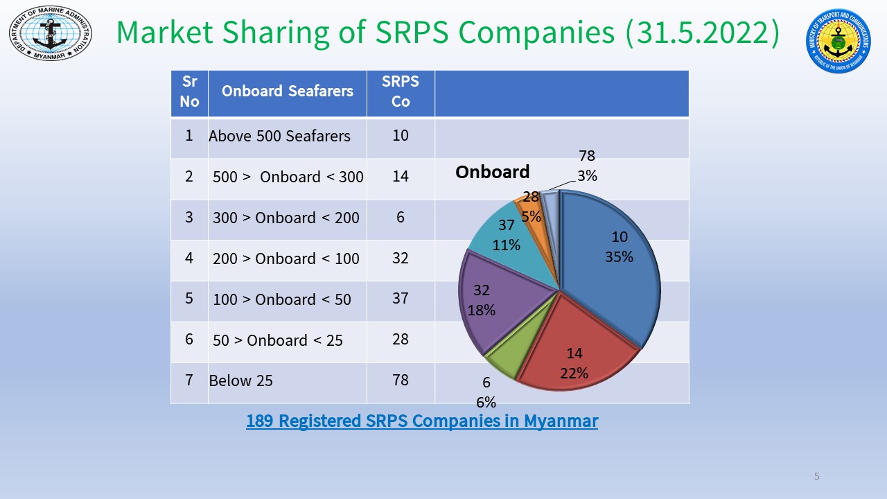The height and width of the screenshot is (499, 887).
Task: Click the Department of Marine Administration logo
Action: click(x=50, y=33)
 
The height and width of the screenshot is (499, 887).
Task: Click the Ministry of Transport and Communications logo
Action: click(x=838, y=40)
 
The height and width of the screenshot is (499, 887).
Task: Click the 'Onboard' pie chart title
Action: click(x=492, y=172)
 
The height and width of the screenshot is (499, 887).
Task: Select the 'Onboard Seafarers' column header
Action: click(x=287, y=91)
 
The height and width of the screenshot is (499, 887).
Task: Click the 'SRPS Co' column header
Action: click(x=401, y=91)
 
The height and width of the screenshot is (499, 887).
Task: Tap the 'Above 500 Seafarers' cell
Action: click(x=279, y=136)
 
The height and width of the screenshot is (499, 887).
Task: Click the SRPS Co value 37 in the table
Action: click(x=401, y=298)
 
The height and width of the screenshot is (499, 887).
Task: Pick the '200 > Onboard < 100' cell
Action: click(x=286, y=259)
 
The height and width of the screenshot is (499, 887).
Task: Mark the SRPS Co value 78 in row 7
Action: click(x=401, y=380)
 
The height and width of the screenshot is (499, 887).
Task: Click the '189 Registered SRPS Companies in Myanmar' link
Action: click(x=421, y=421)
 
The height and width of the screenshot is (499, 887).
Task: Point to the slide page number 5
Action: click(x=817, y=476)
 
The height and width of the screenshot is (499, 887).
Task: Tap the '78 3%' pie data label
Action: click(x=587, y=166)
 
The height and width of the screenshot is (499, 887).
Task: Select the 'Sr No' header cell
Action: click(x=189, y=91)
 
